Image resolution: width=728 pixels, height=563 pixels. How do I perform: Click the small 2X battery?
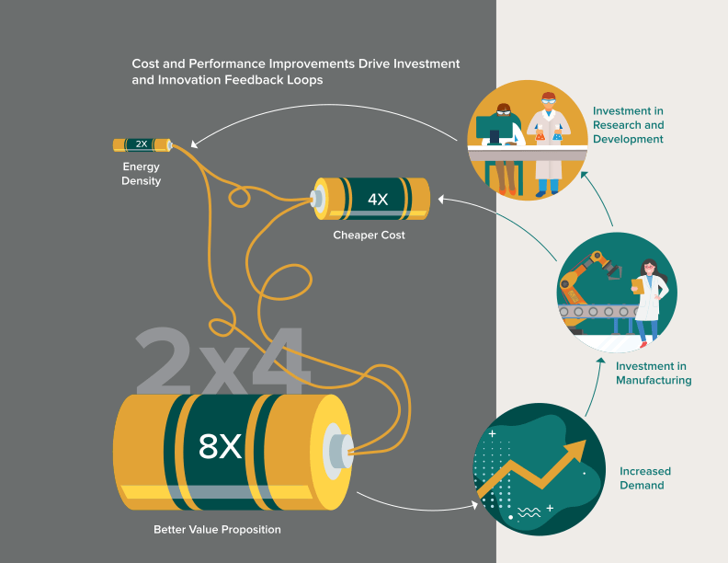(x=142, y=144)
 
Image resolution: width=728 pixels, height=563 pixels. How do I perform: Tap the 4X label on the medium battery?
(x=378, y=200)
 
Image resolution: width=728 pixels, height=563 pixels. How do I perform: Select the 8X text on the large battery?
(x=220, y=446)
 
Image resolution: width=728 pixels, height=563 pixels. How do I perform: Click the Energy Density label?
(x=142, y=174)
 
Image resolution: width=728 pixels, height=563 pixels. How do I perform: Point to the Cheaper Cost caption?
(x=369, y=236)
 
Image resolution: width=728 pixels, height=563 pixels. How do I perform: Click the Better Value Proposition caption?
(x=217, y=530)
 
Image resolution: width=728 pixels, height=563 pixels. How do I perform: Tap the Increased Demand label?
(x=642, y=478)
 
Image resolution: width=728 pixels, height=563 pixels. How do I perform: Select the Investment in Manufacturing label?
(x=654, y=373)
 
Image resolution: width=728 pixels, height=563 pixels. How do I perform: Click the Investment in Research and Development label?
(x=628, y=125)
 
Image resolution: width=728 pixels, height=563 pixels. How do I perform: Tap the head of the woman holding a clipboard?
(x=650, y=268)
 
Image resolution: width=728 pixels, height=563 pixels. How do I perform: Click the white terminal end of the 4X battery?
(x=319, y=198)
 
